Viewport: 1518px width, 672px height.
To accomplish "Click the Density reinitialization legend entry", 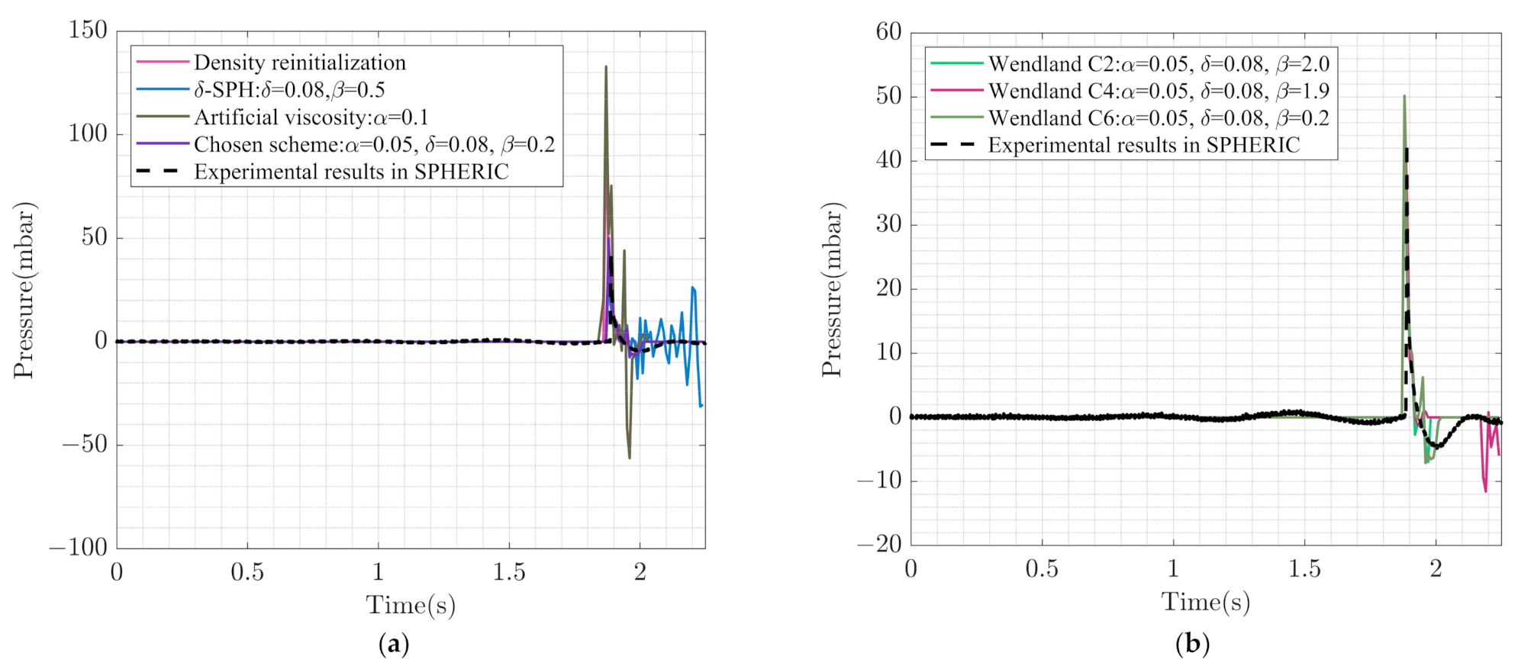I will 299,63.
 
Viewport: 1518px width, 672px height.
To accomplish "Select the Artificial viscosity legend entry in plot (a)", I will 311,117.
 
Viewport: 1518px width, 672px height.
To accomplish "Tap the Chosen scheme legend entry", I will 374,145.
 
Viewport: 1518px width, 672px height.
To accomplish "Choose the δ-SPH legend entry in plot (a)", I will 288,90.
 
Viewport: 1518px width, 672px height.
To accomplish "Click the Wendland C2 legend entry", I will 1158,64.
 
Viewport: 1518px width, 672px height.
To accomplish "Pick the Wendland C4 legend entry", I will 1158,91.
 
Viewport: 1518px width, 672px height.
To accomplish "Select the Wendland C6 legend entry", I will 1158,118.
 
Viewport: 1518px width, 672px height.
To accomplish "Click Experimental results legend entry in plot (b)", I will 1143,145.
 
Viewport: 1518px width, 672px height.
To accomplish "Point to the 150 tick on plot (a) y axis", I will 88,31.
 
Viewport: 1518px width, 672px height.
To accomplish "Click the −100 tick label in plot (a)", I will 79,548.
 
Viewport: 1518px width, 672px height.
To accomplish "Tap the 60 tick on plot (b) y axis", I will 888,32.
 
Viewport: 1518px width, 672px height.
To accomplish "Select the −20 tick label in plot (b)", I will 879,544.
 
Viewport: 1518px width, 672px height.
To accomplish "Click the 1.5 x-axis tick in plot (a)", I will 509,572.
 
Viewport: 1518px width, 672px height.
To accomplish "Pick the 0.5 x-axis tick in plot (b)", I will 1042,569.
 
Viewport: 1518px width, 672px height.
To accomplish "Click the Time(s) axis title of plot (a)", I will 411,605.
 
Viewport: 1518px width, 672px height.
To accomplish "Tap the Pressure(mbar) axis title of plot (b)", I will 832,290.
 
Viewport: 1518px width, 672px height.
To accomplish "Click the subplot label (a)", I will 394,645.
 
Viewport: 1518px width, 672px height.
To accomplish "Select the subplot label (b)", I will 1192,645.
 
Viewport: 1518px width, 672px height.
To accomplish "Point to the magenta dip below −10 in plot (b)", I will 1485,490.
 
